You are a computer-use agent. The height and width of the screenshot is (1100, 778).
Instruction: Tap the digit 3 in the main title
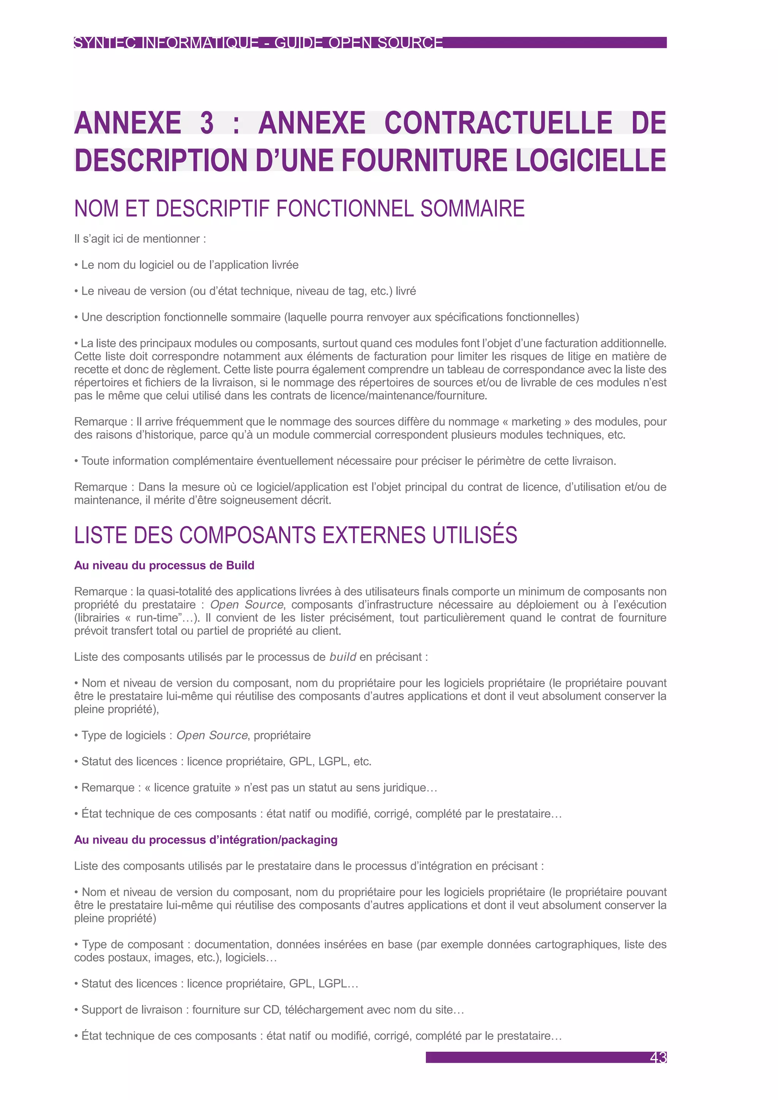[207, 123]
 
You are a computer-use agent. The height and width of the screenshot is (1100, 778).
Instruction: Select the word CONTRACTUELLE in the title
[498, 123]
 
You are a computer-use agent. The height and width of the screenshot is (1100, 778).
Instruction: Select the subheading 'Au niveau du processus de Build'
[164, 565]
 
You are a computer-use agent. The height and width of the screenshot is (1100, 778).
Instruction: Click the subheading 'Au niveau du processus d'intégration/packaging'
[206, 840]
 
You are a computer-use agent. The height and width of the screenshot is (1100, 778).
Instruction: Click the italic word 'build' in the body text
[343, 657]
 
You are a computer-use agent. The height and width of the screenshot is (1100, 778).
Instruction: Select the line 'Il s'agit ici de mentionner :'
[140, 239]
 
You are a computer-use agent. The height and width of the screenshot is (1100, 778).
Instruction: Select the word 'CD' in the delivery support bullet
[271, 1010]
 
